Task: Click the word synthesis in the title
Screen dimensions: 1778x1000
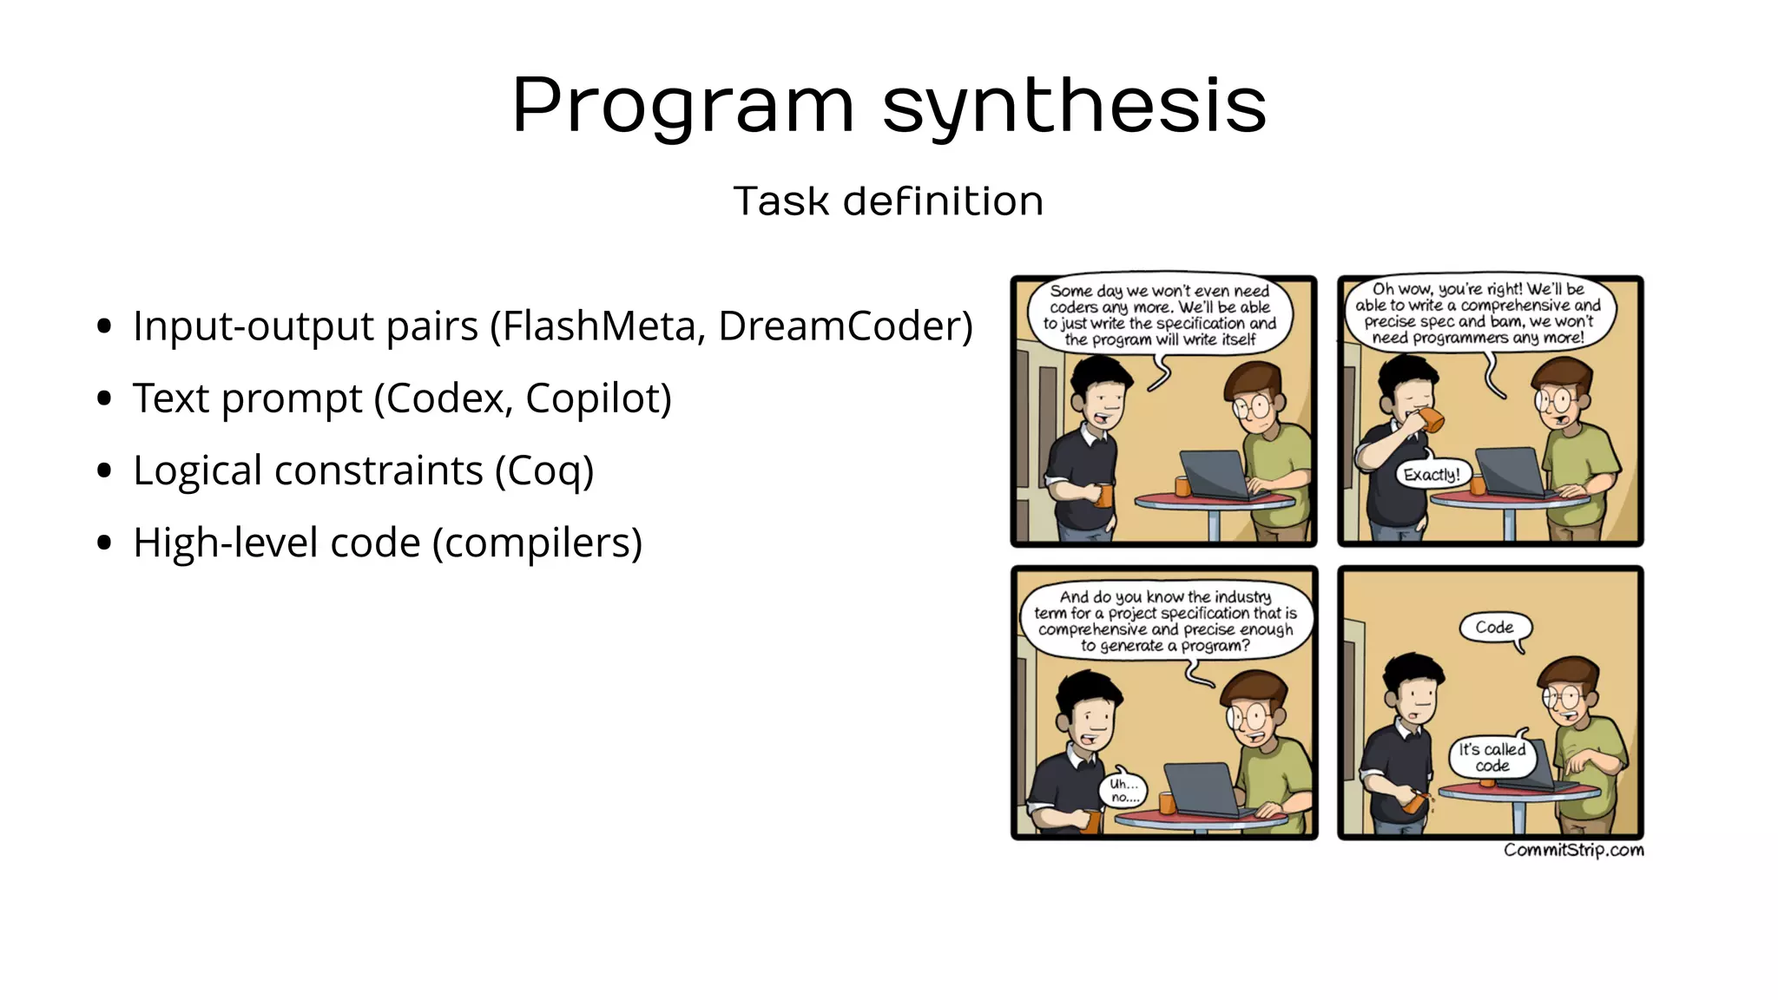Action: (1074, 106)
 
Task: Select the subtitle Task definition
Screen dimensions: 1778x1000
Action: (888, 201)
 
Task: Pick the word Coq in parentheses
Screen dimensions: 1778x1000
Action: (544, 470)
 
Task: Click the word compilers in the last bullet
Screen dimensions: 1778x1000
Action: (537, 543)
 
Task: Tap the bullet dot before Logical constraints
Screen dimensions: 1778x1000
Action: (105, 471)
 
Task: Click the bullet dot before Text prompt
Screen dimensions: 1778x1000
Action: (105, 399)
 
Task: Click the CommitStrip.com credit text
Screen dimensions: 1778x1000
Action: (1573, 850)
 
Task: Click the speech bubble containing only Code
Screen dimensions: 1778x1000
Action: (1494, 628)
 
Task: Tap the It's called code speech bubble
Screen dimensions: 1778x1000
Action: (1492, 757)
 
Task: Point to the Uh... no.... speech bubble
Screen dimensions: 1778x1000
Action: (1123, 789)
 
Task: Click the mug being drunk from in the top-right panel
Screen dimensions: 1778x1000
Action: (1432, 421)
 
